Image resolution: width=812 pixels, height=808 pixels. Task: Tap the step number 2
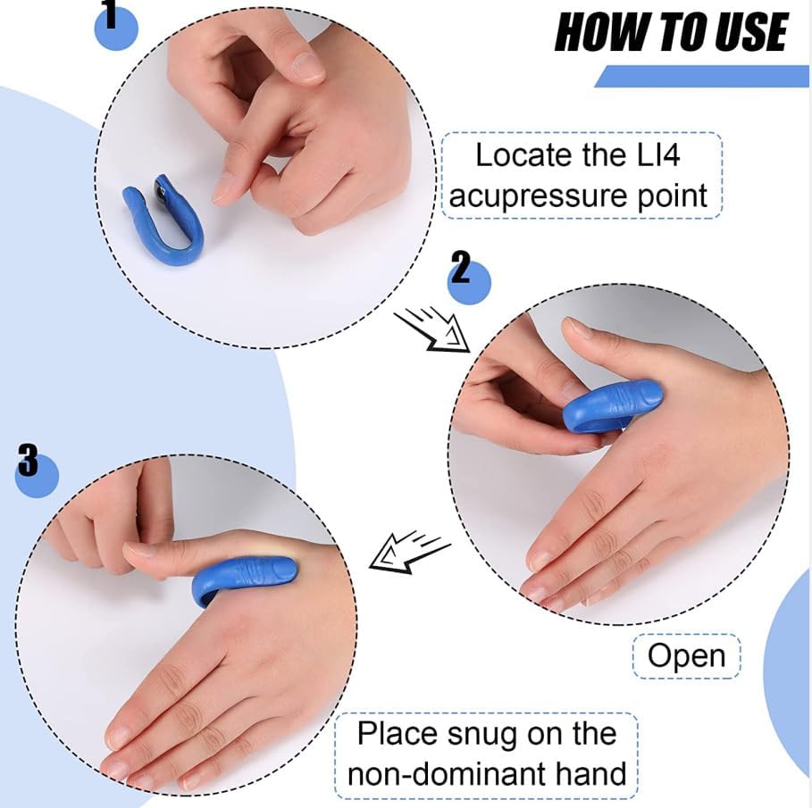tap(460, 267)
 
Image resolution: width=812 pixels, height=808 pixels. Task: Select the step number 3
tap(28, 462)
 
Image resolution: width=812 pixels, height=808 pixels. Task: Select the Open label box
tap(686, 656)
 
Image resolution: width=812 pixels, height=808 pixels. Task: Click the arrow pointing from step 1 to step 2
tap(432, 328)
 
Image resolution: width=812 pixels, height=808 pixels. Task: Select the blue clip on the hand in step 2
tap(612, 407)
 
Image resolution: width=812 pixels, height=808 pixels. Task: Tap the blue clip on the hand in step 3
tap(245, 577)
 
